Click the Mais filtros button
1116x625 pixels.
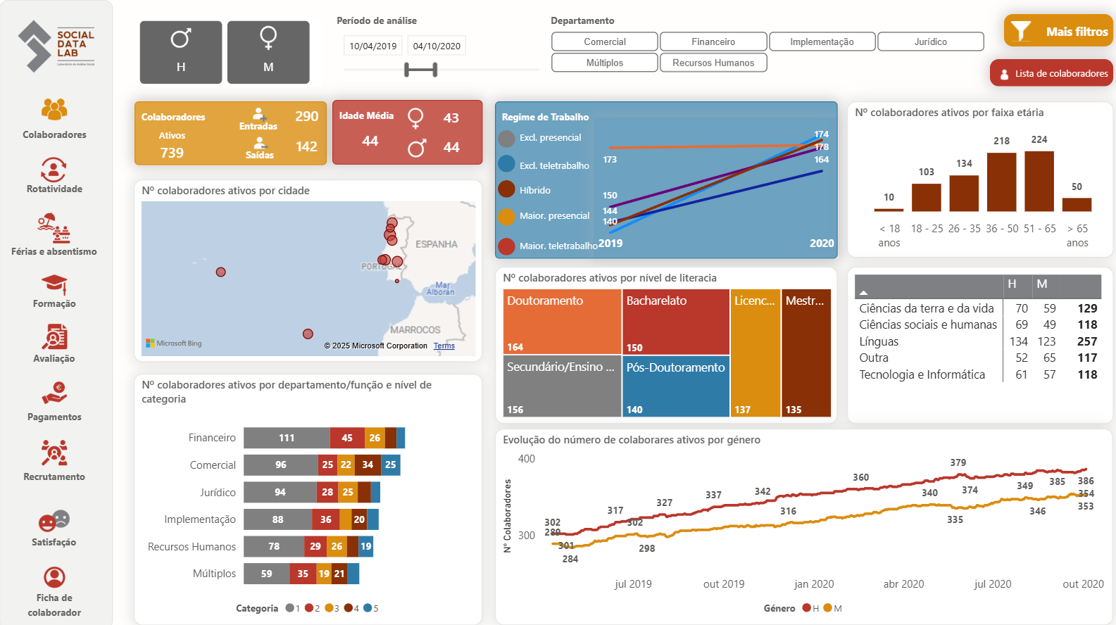1058,31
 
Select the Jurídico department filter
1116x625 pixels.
930,42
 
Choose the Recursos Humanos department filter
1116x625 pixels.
713,63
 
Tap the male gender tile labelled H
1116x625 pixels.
181,52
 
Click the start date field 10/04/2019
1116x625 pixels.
372,46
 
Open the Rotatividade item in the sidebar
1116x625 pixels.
54,175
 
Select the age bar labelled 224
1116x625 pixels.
1039,181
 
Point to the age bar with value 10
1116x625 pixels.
889,210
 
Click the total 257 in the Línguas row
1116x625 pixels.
1086,341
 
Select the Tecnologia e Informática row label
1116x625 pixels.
922,374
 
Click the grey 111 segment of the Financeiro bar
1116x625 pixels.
287,438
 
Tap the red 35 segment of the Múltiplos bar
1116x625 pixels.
303,574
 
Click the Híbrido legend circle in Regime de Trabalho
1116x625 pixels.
506,189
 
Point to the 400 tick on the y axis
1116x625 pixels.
526,459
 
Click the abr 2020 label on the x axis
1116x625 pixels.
903,584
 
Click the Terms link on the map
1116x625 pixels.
444,346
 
